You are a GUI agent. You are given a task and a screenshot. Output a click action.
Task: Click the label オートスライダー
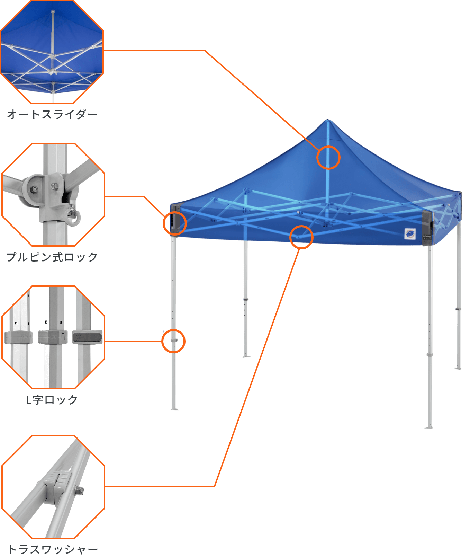click(x=52, y=114)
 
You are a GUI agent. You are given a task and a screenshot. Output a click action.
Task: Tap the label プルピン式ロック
click(x=52, y=257)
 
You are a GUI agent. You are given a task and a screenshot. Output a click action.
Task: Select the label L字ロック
click(x=52, y=400)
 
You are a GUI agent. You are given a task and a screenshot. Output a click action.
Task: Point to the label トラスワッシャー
click(x=52, y=549)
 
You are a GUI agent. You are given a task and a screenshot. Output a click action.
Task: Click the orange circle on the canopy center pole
click(x=328, y=158)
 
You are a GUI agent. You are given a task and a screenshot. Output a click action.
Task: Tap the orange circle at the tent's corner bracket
click(x=175, y=223)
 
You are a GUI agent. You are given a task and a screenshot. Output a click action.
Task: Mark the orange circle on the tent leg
click(x=173, y=341)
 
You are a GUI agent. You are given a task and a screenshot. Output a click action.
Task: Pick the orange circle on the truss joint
click(x=301, y=237)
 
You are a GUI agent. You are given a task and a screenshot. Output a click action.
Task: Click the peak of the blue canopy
click(x=327, y=121)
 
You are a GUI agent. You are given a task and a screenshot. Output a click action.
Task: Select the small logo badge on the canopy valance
click(x=410, y=234)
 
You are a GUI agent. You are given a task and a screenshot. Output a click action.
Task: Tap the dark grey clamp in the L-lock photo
click(x=88, y=337)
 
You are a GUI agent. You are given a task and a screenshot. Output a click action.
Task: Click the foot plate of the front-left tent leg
click(x=174, y=409)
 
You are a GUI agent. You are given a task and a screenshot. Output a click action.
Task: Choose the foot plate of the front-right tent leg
click(x=429, y=427)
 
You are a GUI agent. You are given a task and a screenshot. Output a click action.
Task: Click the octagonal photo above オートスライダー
click(x=52, y=52)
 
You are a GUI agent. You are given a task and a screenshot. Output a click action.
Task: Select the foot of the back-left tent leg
click(x=245, y=356)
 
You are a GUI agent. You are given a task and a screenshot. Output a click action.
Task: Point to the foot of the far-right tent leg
click(x=458, y=368)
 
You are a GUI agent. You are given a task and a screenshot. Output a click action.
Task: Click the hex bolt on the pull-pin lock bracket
click(x=34, y=189)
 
